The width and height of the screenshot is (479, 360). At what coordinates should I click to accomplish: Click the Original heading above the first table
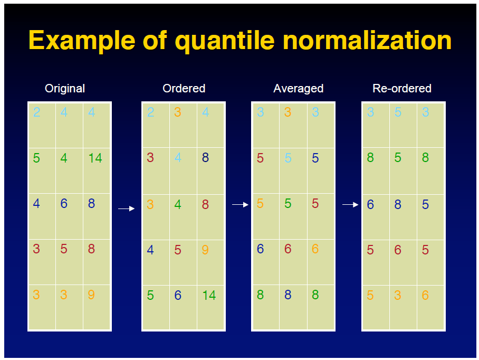coord(65,89)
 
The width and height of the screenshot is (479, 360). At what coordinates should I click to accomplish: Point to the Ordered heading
coord(184,89)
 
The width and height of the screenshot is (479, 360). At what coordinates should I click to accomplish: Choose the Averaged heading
coord(298,89)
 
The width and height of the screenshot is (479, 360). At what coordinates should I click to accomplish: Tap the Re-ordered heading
coord(402,89)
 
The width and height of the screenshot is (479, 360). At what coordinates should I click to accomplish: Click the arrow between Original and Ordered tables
coord(126,209)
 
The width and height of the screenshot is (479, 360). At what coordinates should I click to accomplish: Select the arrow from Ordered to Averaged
coord(240,204)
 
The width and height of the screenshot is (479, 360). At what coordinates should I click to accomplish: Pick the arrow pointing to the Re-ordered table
coord(350,204)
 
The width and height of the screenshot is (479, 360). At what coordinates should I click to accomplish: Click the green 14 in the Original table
coord(95,158)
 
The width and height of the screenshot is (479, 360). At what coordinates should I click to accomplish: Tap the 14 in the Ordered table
coord(209,296)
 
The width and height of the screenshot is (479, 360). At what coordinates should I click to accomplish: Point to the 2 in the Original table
coord(36,112)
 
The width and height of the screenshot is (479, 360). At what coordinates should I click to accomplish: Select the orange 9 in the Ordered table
coord(205,250)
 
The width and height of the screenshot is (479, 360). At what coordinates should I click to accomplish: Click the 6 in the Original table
coord(64,204)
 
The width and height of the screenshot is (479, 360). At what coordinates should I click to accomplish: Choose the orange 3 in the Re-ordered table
coord(398,296)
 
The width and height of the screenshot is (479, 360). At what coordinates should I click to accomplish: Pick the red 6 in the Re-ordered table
coord(398,250)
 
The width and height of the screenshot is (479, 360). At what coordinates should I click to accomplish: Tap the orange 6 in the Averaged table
coord(315,249)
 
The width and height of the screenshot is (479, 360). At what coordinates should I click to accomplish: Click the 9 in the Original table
coord(91,295)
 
